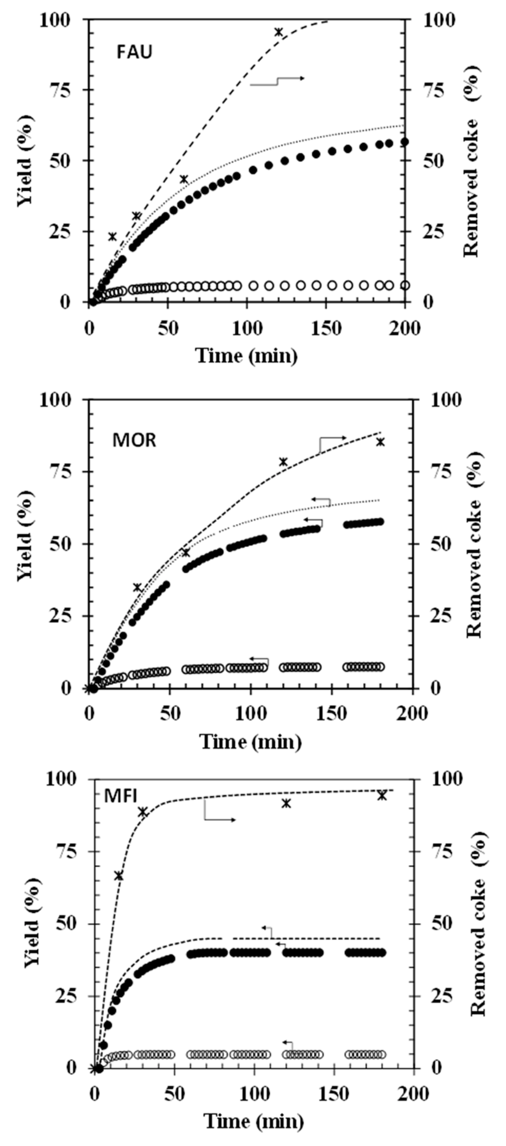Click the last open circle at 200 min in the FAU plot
[405, 285]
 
